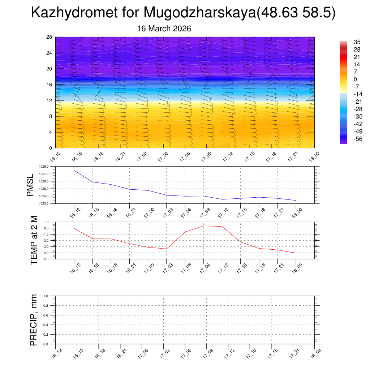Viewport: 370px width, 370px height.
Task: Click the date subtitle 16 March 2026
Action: pos(164,29)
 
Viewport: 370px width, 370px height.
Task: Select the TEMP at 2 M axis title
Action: pos(34,240)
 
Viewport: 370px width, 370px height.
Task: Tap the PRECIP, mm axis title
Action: pos(34,320)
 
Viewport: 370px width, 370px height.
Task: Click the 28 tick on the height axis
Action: pos(50,37)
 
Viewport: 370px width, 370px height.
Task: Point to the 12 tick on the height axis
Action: pos(50,100)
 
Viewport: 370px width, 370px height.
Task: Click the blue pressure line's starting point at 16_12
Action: pos(74,170)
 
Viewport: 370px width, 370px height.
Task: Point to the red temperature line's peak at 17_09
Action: pos(203,226)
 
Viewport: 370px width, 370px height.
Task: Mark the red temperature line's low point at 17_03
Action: pos(167,249)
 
